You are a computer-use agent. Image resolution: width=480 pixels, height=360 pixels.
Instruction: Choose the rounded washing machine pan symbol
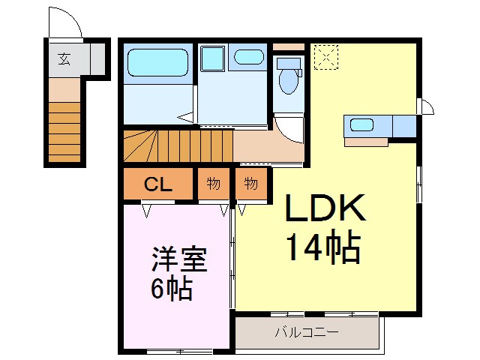[x=246, y=57]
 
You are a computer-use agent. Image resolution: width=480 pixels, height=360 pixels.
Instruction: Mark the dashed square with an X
[x=325, y=56]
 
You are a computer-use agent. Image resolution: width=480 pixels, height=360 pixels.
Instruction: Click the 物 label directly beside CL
[x=214, y=184]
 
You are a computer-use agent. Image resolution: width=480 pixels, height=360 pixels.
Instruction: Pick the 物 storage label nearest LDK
[x=250, y=184]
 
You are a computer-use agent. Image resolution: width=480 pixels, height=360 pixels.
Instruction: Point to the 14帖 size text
[x=323, y=248]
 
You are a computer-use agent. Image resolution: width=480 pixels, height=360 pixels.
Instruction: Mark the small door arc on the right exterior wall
[x=426, y=106]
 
